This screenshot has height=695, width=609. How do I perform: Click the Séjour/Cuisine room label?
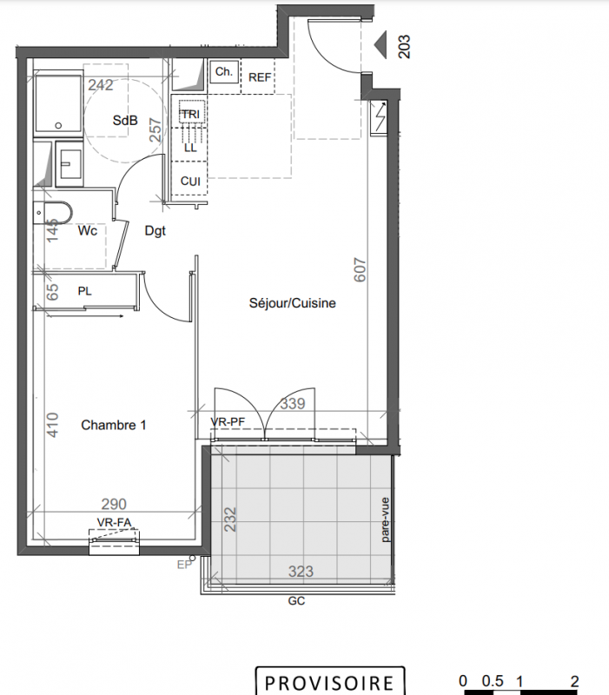click(x=293, y=303)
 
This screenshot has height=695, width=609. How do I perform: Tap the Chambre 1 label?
click(x=114, y=425)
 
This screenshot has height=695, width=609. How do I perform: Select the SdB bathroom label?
click(x=125, y=120)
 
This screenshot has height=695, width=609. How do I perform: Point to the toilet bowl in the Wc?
click(x=52, y=213)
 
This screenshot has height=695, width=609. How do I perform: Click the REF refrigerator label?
click(x=260, y=77)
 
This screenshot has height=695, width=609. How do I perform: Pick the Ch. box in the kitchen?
click(x=224, y=71)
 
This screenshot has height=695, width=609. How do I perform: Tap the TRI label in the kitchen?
click(x=191, y=115)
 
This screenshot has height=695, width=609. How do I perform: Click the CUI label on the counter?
click(x=190, y=182)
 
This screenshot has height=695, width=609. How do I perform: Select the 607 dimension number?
click(x=360, y=269)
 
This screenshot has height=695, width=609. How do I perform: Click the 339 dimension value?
click(x=293, y=403)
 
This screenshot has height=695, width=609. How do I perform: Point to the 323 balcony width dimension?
click(x=301, y=572)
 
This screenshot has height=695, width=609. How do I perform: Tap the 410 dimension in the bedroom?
click(x=52, y=425)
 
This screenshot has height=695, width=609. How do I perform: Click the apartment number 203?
click(x=404, y=47)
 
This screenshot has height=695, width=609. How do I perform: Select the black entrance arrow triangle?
click(x=381, y=45)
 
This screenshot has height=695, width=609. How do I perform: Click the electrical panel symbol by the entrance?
click(x=379, y=118)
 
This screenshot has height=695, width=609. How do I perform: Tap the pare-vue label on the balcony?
click(x=385, y=520)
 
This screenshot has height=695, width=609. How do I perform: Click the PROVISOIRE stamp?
click(x=330, y=682)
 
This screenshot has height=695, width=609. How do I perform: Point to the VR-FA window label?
click(x=115, y=523)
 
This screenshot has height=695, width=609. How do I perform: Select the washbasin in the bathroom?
click(x=70, y=162)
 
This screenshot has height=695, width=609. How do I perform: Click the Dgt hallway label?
click(x=156, y=231)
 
